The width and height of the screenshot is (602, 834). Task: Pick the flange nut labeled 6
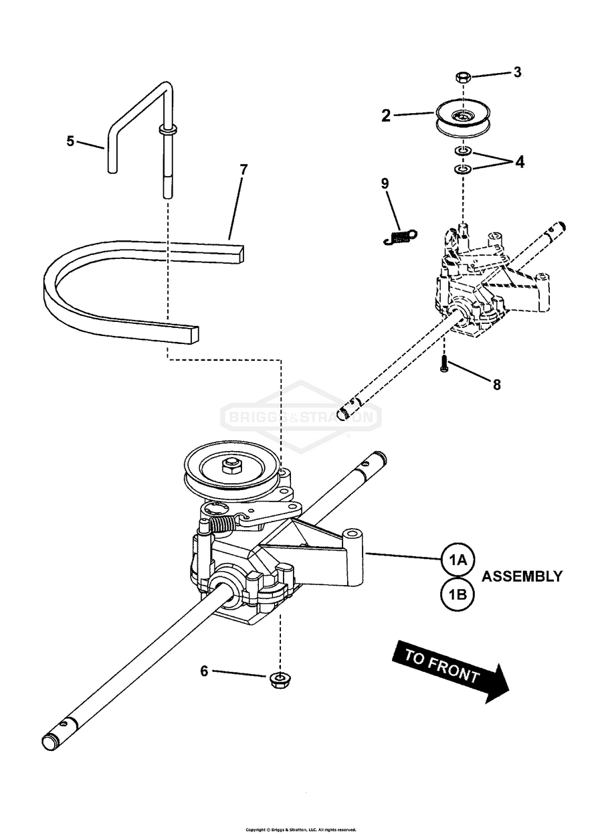(277, 681)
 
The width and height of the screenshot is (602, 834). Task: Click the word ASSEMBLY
(522, 576)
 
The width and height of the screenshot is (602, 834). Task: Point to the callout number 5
(70, 141)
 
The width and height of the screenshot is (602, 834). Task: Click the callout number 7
(243, 170)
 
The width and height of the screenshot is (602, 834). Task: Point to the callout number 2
(385, 115)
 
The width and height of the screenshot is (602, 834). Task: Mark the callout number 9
(385, 183)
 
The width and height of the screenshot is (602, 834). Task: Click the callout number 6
(204, 671)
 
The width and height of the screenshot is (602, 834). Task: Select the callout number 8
(496, 385)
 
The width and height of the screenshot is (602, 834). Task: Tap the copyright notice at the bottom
(300, 829)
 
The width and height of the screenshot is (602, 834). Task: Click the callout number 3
(517, 72)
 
